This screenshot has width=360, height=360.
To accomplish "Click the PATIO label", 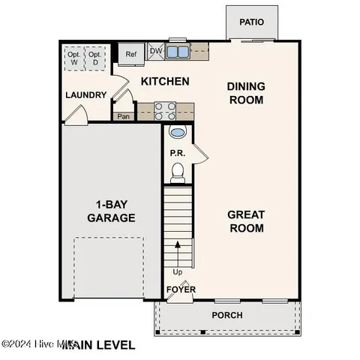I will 252,22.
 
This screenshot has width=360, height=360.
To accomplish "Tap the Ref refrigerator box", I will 131,54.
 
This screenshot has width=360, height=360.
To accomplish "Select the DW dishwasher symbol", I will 156,51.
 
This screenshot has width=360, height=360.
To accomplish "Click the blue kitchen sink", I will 178,52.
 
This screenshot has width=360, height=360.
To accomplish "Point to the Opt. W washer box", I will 74,58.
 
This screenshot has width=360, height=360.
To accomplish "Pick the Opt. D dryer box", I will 94,58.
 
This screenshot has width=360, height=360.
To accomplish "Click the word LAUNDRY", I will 85,95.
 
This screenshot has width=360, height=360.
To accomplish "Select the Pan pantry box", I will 122,116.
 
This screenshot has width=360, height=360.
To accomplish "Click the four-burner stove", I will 164,111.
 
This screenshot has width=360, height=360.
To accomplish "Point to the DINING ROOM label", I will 245,93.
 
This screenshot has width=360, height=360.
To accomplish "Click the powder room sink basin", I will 178,133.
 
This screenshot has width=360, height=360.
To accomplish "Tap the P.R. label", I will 177,153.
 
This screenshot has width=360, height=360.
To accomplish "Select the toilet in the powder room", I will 178,173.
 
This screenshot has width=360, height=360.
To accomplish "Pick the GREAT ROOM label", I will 245,221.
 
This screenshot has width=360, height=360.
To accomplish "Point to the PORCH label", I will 227,315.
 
